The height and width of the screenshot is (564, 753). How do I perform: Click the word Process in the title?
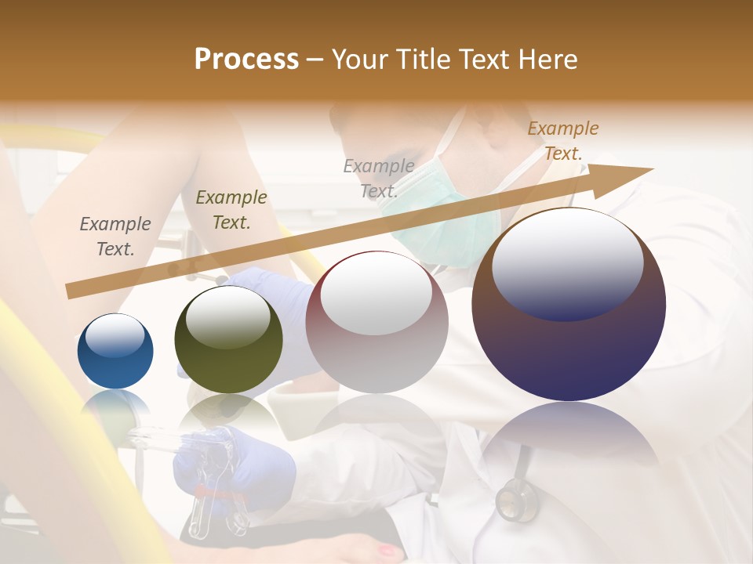(246, 60)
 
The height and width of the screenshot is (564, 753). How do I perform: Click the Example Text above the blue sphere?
(115, 237)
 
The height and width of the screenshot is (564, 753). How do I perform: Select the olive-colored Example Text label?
(231, 210)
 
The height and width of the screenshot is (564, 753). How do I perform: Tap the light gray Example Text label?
(379, 178)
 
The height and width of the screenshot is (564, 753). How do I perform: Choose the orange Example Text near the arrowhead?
(563, 141)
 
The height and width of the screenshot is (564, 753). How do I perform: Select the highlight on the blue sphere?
(115, 335)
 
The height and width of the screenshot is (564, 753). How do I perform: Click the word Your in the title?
(362, 60)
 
